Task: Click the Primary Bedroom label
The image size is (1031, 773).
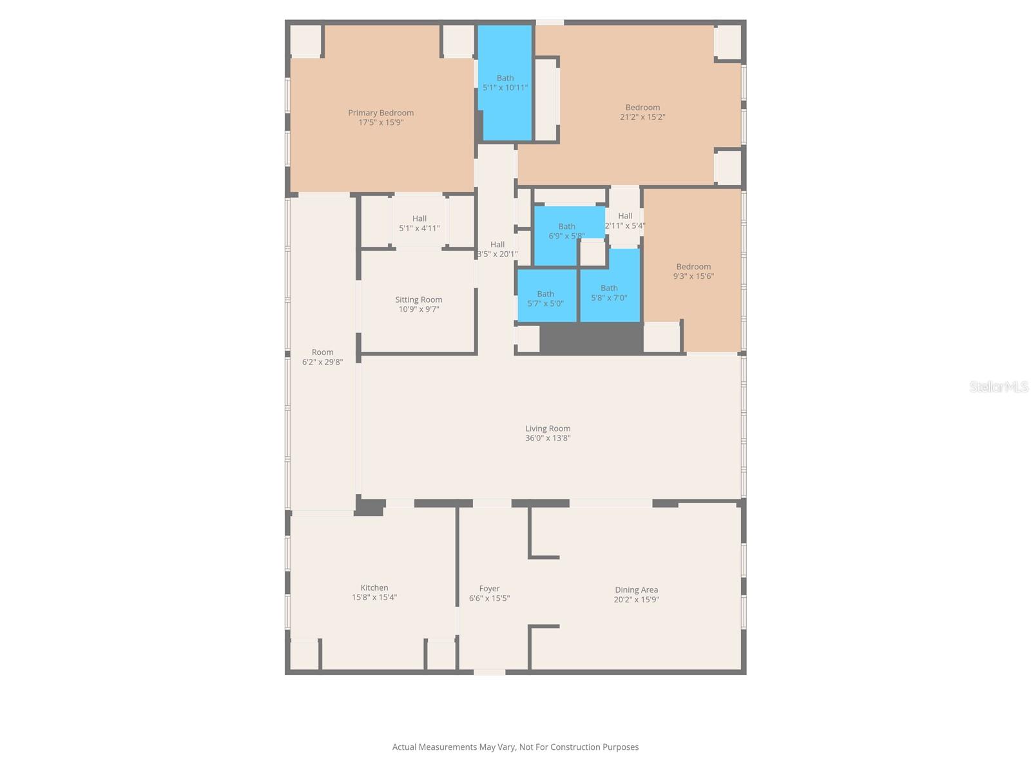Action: click(381, 113)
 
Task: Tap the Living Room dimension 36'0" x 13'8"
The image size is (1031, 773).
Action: click(548, 438)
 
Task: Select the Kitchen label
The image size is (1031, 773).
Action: click(374, 587)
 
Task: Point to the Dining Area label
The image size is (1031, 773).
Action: click(636, 589)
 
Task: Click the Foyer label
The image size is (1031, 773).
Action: click(489, 588)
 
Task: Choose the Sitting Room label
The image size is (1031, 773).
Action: click(419, 300)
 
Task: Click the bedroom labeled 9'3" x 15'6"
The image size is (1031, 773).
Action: click(693, 271)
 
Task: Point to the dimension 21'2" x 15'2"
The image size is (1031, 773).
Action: click(642, 117)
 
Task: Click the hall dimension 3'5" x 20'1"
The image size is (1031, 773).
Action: click(497, 254)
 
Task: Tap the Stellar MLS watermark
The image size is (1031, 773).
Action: click(999, 386)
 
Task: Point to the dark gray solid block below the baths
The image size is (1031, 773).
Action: click(591, 338)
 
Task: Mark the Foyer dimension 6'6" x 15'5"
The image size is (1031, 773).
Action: click(489, 598)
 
